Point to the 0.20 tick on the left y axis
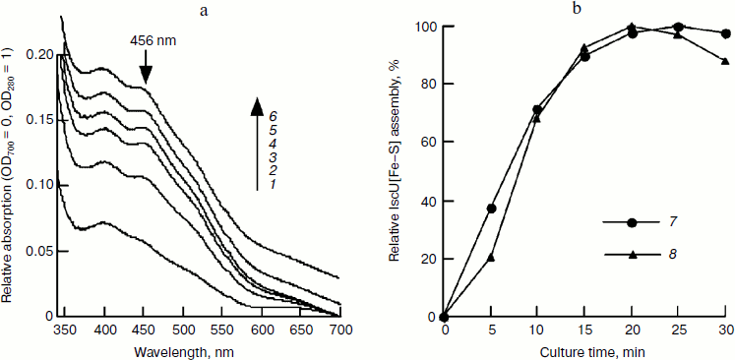click(x=35, y=55)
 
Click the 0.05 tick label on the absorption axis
click(x=35, y=251)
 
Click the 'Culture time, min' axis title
click(x=586, y=349)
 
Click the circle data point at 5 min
click(x=491, y=209)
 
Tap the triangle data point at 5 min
click(x=491, y=257)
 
